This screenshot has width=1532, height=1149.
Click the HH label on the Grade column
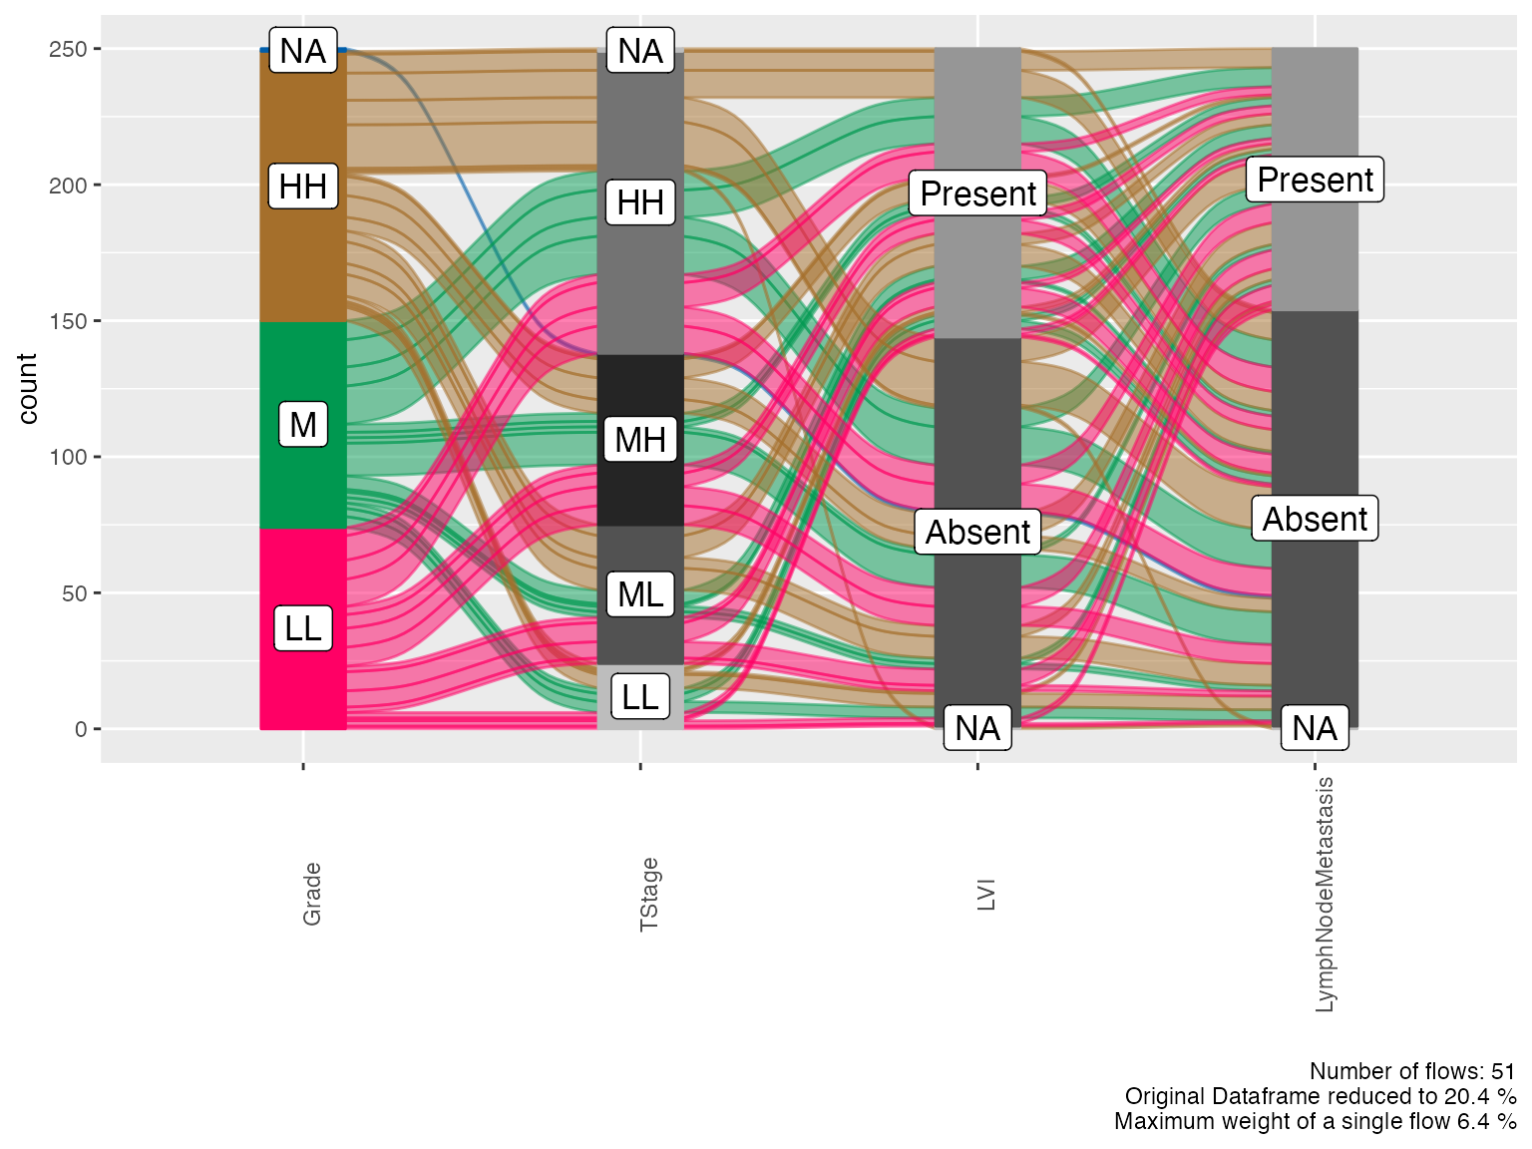pyautogui.click(x=303, y=187)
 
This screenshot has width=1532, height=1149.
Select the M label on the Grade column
pyautogui.click(x=303, y=424)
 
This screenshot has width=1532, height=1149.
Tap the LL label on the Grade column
pyautogui.click(x=303, y=628)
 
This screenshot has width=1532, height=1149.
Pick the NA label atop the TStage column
pyautogui.click(x=640, y=50)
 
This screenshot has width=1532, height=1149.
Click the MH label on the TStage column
pyautogui.click(x=640, y=439)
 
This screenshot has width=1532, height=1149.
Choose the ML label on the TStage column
pyautogui.click(x=640, y=593)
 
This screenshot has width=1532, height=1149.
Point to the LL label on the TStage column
pyautogui.click(x=640, y=696)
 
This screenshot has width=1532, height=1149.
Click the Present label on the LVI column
pyautogui.click(x=977, y=192)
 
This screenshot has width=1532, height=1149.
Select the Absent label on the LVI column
pyautogui.click(x=977, y=532)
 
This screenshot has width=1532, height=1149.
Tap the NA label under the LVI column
pyautogui.click(x=977, y=728)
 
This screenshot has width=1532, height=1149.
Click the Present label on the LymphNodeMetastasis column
pyautogui.click(x=1315, y=180)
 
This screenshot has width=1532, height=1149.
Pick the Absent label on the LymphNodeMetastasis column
pyautogui.click(x=1315, y=519)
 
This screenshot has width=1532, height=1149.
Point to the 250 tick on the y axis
pyautogui.click(x=68, y=49)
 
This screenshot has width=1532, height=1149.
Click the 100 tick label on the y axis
pyautogui.click(x=68, y=457)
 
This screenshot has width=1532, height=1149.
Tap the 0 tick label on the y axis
pyautogui.click(x=81, y=729)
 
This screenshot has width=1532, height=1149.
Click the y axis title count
pyautogui.click(x=27, y=389)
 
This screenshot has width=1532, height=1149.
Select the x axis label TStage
pyautogui.click(x=649, y=895)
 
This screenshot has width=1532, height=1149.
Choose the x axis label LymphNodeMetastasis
pyautogui.click(x=1324, y=895)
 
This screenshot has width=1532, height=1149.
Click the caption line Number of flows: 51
pyautogui.click(x=1412, y=1071)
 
